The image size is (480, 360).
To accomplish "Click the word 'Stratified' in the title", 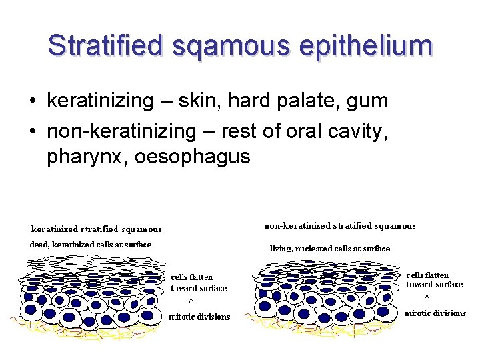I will [105, 46].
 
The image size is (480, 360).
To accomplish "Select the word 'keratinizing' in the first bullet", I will [99, 101].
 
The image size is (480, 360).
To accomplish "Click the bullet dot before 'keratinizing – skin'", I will [32, 102].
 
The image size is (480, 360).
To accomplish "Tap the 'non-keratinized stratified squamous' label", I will [340, 226].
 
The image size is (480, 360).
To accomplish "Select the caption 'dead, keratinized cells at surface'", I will [91, 245].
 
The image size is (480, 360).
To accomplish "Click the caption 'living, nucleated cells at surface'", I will [330, 249].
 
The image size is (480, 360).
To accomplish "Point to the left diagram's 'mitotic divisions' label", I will [199, 317].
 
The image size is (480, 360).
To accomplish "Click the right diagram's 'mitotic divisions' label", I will [436, 313].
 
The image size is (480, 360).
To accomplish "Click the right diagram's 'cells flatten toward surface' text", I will [434, 280].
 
